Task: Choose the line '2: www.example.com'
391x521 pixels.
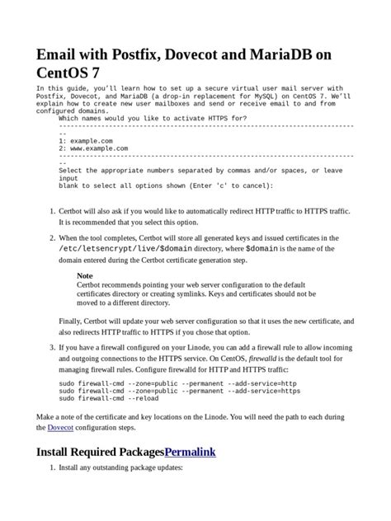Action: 97,148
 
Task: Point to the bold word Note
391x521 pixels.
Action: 85,275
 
